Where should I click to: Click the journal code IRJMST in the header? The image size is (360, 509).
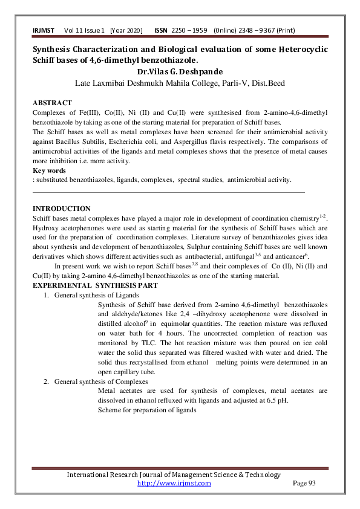(44, 30)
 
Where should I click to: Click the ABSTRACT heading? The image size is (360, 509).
(52, 103)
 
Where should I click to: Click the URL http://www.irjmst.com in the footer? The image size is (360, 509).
(174, 483)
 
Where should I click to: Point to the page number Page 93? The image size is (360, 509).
(304, 483)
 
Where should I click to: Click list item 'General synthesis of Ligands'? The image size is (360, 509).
(96, 295)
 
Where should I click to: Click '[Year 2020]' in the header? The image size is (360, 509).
(126, 30)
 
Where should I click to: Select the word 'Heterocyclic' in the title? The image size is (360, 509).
(302, 49)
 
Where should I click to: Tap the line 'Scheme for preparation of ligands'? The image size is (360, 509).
(147, 410)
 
